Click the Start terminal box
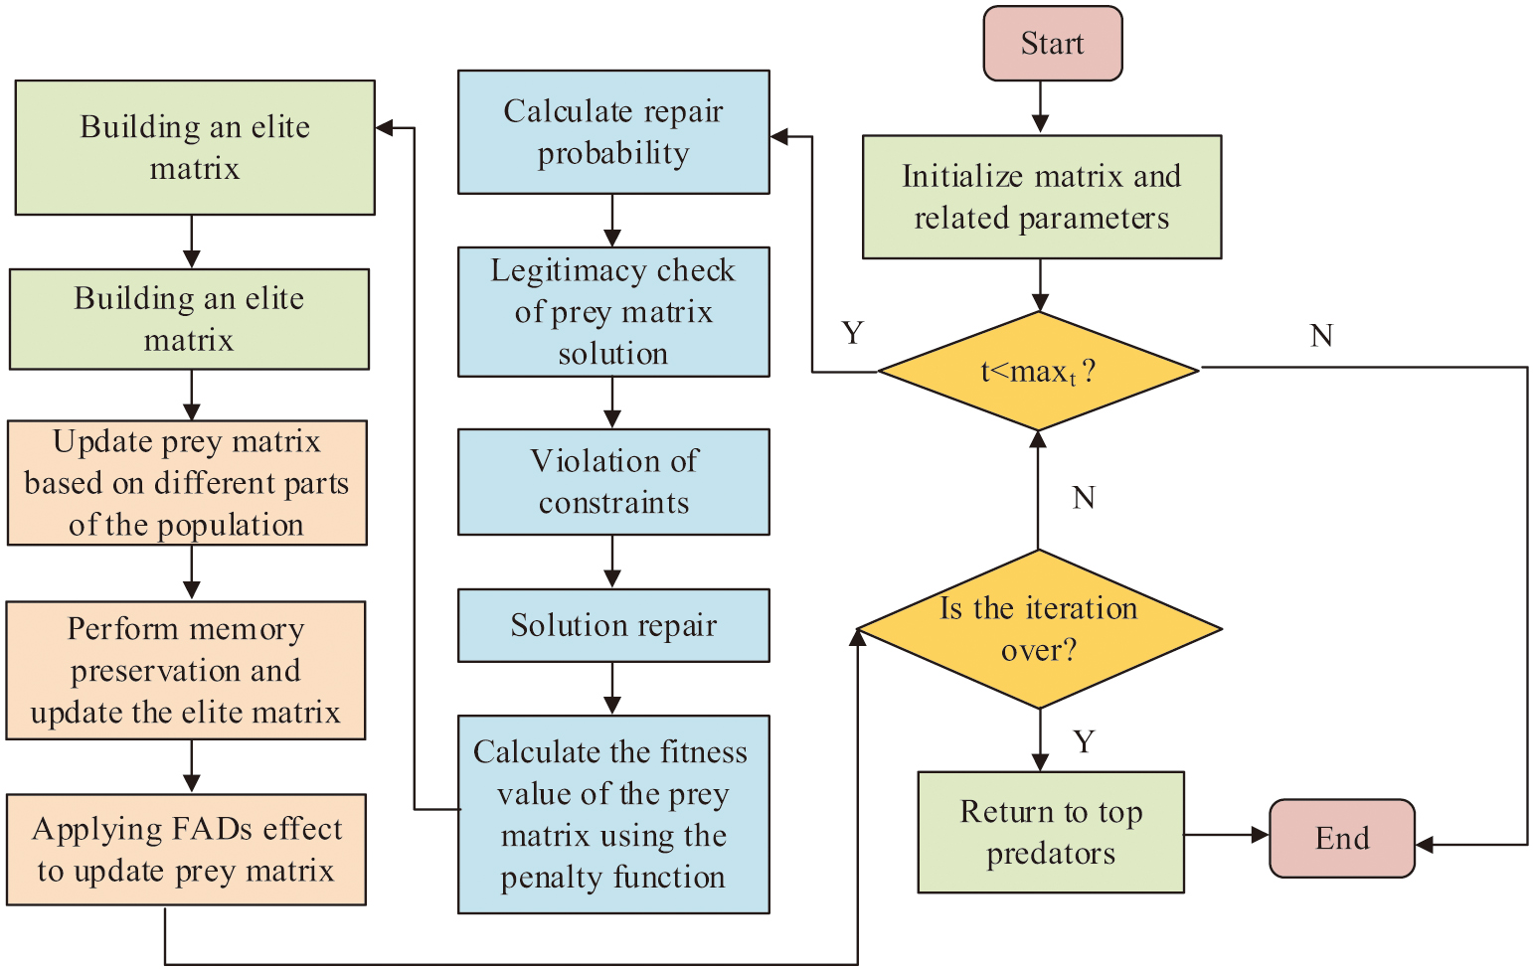coord(1052,44)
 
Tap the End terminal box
coord(1341,838)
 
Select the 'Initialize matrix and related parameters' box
coord(1041,197)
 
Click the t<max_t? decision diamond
coord(1038,372)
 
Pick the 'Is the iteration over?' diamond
coord(1038,629)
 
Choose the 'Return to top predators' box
coord(1050,832)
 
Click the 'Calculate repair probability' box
coord(612,132)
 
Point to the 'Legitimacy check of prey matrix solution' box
coord(612,312)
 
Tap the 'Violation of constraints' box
coord(612,482)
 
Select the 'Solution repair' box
coord(612,625)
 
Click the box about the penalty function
coord(612,814)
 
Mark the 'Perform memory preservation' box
coord(186,670)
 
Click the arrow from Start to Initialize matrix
coord(1040,107)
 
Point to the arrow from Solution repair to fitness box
coord(612,689)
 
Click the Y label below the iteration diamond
coord(1084,741)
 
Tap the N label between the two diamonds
coord(1084,497)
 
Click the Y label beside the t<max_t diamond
coord(852,333)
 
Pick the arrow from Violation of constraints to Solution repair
coord(612,562)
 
